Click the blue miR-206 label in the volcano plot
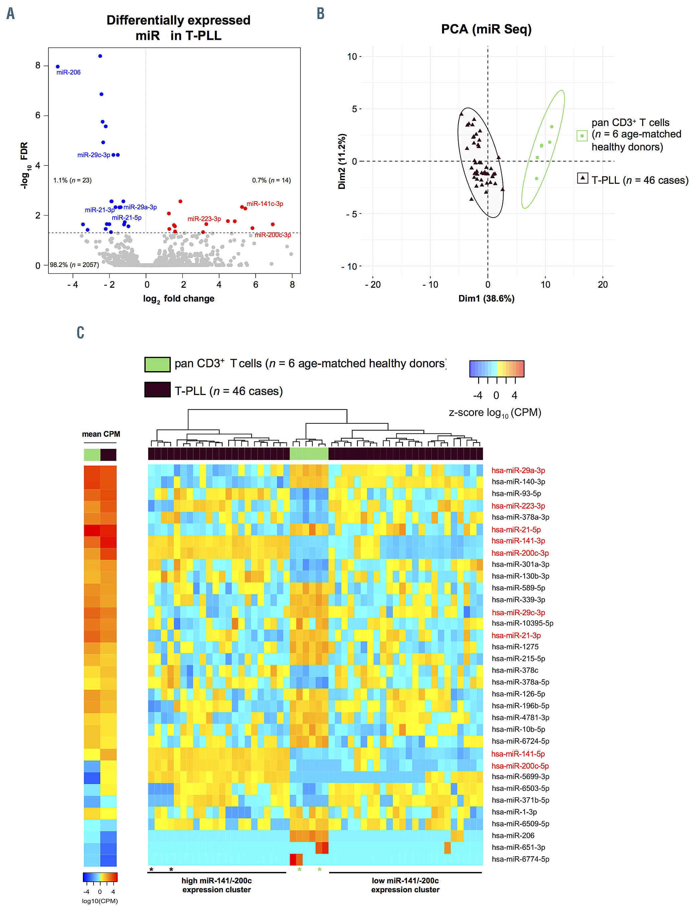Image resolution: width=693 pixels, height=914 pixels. tap(68, 72)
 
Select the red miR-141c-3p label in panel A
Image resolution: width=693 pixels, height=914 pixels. tap(265, 204)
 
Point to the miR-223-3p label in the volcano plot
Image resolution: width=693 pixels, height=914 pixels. tap(204, 219)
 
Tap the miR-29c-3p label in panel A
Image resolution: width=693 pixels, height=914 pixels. tap(94, 155)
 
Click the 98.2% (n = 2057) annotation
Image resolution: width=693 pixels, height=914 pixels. tap(75, 265)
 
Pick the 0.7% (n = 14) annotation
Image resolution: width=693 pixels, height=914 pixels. tap(271, 180)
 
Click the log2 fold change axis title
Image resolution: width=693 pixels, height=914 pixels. tap(178, 299)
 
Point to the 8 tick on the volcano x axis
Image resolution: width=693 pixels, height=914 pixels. tap(292, 285)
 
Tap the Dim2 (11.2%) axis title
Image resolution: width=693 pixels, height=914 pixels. tap(342, 161)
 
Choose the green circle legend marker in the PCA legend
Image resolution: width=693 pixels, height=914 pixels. tap(581, 136)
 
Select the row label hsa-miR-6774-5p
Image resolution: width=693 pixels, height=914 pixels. tap(520, 859)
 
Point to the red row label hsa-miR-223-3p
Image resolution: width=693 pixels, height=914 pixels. tap(518, 506)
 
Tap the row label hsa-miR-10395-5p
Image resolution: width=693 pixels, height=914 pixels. tap(522, 623)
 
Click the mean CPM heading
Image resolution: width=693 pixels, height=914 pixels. tap(101, 434)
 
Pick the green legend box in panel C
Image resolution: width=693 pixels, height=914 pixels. tap(157, 364)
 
